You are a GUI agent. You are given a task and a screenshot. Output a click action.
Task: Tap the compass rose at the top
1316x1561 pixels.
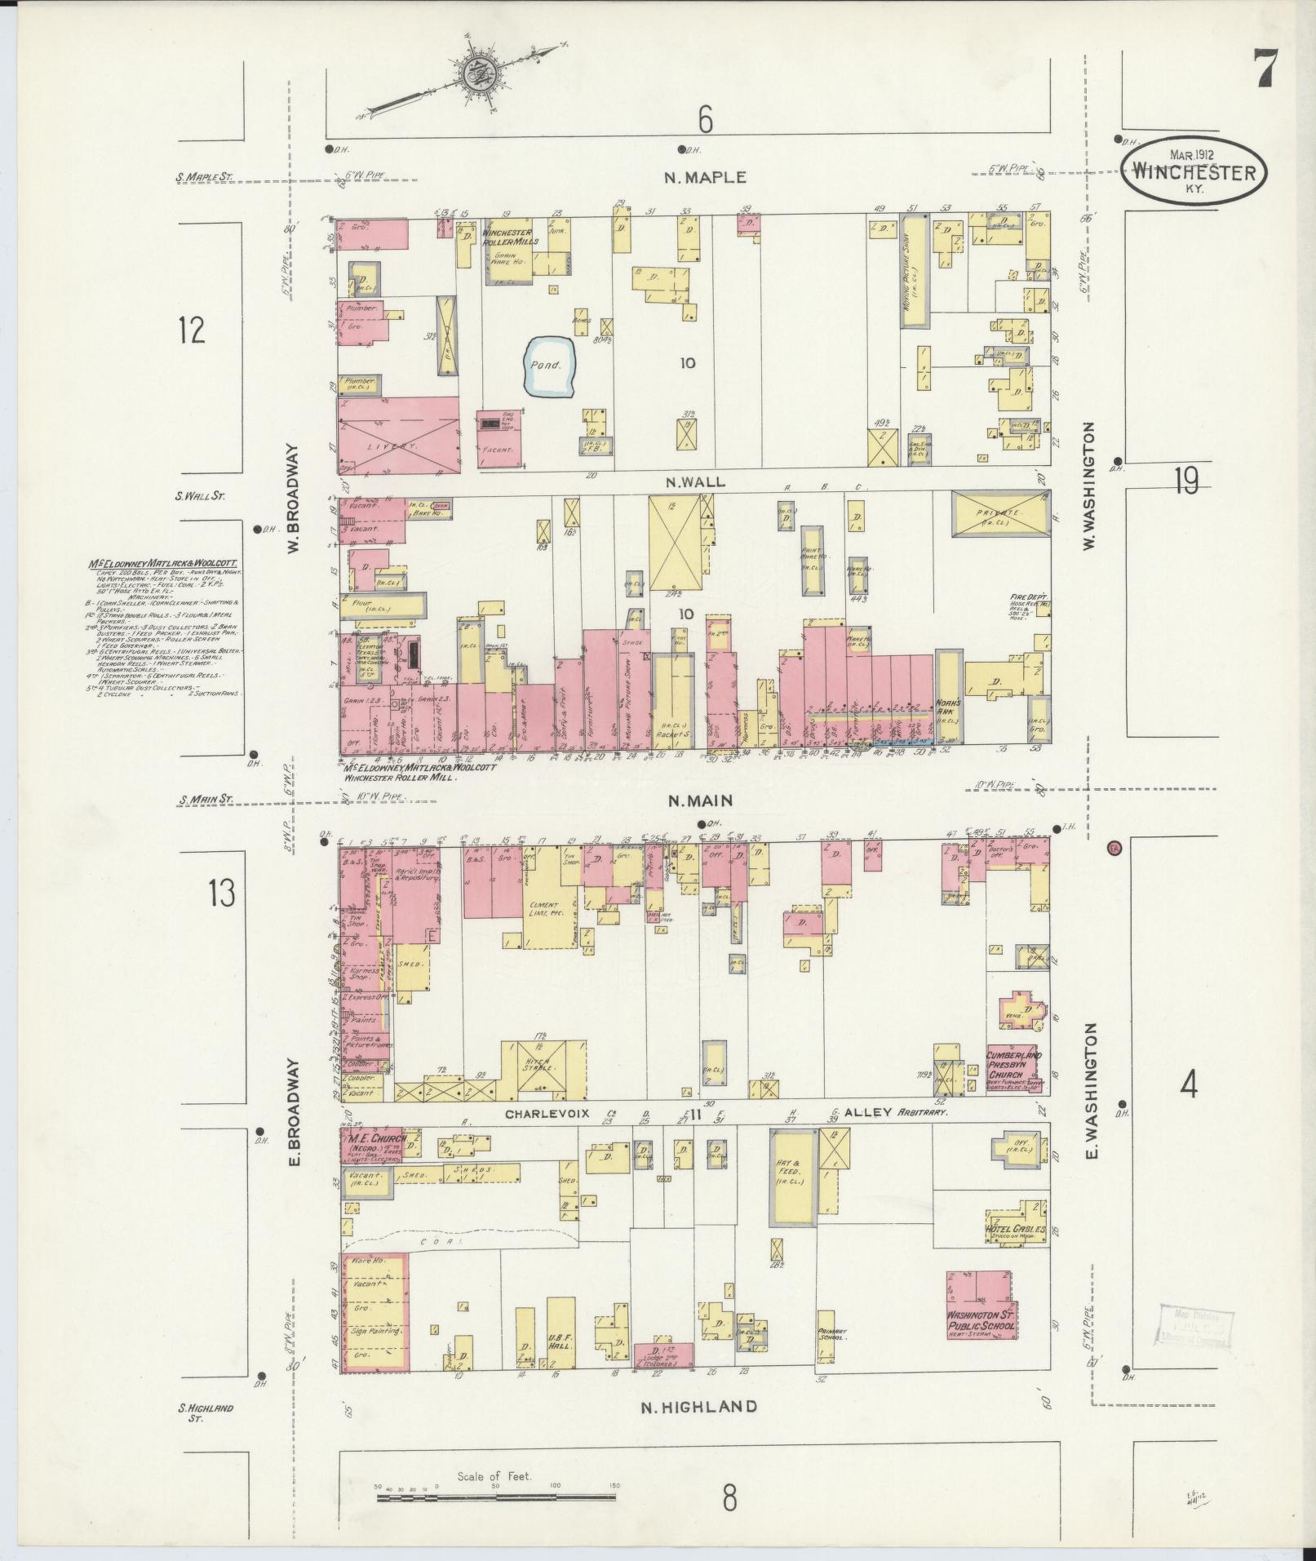(471, 75)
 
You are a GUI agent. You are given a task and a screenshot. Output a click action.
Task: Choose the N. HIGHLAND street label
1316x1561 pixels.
(698, 1406)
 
